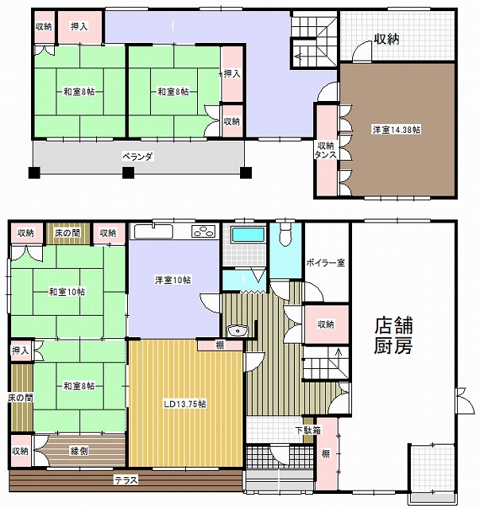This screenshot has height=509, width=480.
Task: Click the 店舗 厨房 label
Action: tap(393, 336)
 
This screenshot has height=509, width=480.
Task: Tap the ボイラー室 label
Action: tap(325, 262)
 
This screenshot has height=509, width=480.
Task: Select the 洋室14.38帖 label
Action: tap(397, 130)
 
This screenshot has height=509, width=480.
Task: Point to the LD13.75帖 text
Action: tap(185, 404)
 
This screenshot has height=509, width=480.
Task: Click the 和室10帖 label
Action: tap(67, 292)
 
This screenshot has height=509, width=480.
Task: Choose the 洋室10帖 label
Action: tap(173, 279)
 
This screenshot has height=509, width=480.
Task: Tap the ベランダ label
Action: tap(137, 157)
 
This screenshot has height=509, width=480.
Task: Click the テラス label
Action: tap(126, 480)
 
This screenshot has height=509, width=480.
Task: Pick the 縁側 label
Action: tap(79, 451)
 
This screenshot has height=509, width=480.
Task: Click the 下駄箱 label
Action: tap(308, 430)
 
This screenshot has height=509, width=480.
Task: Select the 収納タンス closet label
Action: tap(326, 150)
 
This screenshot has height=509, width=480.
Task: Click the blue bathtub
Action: tap(248, 235)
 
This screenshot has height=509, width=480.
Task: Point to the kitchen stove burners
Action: tap(203, 231)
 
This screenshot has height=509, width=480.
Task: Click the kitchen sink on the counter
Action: tap(153, 231)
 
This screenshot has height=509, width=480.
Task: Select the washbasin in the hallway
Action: tap(238, 331)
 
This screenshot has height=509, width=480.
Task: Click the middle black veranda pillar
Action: tap(128, 173)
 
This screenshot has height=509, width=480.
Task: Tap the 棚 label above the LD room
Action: tap(220, 345)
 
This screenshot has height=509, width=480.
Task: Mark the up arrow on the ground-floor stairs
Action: tap(339, 352)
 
